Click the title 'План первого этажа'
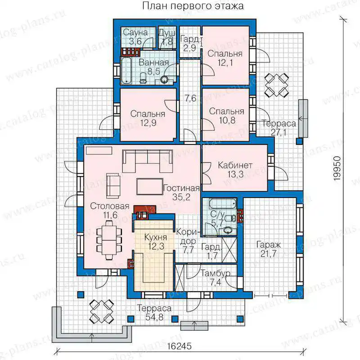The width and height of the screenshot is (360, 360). (193, 6)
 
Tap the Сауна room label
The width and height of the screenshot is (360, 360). (135, 32)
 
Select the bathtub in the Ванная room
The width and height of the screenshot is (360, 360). (126, 71)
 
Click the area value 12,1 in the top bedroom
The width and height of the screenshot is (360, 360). (225, 63)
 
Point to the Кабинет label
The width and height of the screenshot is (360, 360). (235, 165)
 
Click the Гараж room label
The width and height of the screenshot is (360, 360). (269, 245)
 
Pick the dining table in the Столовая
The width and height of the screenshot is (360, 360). (109, 240)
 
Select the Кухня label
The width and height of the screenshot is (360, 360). (156, 238)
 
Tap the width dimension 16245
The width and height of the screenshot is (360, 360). (179, 346)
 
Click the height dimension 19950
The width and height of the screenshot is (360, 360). (337, 168)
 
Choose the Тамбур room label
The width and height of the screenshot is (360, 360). (216, 274)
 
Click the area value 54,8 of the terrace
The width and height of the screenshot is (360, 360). (154, 317)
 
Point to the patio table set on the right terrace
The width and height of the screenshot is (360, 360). (276, 85)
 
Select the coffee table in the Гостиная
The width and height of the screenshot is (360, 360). (150, 187)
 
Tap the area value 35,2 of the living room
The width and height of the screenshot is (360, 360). (181, 197)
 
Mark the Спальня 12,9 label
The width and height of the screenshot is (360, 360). (148, 118)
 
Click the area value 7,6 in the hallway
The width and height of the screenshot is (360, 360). (191, 98)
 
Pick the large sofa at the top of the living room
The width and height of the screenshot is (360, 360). (148, 161)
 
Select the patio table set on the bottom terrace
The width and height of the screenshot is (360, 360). (102, 311)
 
